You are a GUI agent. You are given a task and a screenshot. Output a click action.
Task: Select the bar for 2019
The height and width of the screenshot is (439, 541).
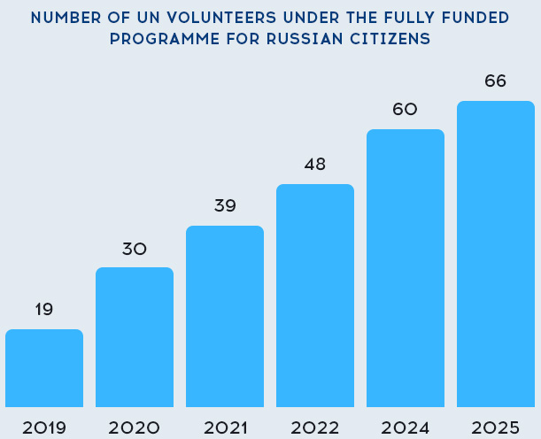click(x=44, y=368)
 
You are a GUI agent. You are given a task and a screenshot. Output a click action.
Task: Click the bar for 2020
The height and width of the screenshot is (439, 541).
click(x=135, y=337)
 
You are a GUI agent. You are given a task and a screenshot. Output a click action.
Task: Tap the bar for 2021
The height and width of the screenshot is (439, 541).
click(x=225, y=316)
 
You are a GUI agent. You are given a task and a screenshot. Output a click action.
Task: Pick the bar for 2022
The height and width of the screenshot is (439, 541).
click(x=315, y=296)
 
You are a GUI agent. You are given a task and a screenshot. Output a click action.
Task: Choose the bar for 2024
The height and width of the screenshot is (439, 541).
click(x=406, y=268)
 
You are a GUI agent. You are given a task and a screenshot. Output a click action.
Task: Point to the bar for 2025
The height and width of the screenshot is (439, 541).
click(x=496, y=254)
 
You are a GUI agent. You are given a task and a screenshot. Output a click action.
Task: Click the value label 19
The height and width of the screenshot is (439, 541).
click(x=44, y=309)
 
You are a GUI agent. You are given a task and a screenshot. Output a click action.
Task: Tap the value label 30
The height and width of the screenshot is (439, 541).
click(x=135, y=249)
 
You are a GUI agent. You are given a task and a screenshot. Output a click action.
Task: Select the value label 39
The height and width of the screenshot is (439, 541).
click(x=225, y=206)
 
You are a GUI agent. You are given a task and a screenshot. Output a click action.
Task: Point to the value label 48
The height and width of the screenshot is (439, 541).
click(x=315, y=164)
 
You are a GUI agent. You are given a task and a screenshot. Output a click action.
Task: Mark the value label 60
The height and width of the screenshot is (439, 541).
click(x=406, y=110)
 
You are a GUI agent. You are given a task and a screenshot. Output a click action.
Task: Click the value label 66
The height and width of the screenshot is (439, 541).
click(x=496, y=81)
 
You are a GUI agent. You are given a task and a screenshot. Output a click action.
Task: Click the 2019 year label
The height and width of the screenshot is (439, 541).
click(x=44, y=427)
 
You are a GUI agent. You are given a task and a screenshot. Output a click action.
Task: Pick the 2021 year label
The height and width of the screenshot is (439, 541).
click(x=225, y=427)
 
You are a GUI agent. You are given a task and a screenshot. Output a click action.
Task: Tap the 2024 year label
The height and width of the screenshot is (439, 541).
click(x=406, y=427)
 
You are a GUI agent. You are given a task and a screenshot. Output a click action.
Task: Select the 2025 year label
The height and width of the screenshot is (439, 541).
click(x=496, y=427)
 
